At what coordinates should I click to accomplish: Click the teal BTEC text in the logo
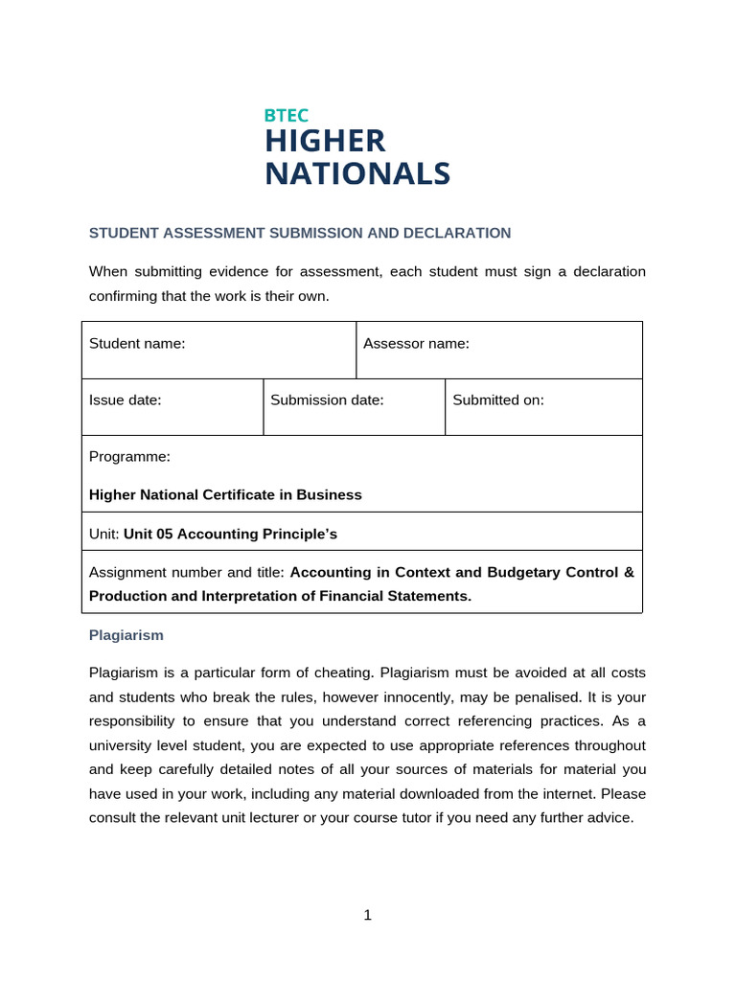coord(287,115)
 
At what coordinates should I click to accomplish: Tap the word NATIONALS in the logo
coord(356,173)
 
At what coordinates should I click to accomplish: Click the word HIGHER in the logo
coord(325,141)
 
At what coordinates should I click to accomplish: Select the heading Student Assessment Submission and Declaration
coord(300,233)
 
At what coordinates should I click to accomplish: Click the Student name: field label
coord(137,343)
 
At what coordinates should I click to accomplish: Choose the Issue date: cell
coord(126,400)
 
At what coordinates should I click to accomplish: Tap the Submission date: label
coord(327,400)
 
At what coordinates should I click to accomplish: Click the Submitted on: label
coord(497,400)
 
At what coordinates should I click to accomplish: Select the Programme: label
coord(129,457)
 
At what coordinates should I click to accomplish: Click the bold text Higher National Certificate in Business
coord(225,495)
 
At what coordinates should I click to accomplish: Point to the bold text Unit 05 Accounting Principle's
coord(231,534)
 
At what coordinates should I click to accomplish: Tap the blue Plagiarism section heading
coord(126,634)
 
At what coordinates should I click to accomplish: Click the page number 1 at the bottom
coord(367,915)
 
